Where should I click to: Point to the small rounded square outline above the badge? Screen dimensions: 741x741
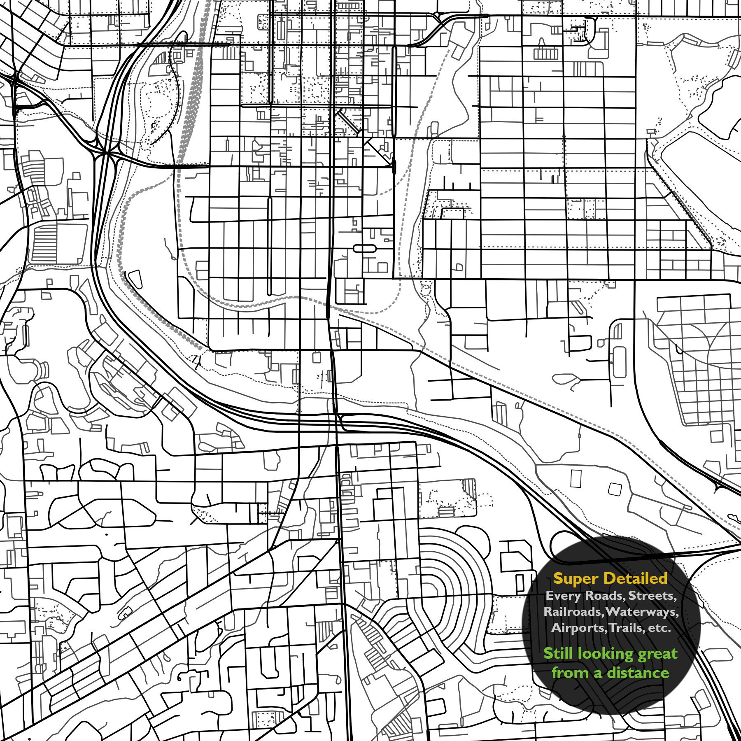pyautogui.click(x=615, y=489)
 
